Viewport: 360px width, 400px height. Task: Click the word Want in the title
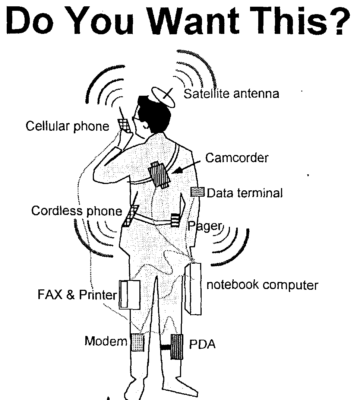194,21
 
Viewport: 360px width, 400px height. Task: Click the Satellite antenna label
231,93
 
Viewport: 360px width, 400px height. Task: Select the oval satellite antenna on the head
163,97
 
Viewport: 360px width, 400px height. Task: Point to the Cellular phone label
67,126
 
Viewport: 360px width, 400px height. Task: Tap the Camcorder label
237,158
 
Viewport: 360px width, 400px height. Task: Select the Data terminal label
244,193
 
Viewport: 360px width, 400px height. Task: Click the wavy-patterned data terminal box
198,192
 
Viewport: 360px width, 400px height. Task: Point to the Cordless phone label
77,211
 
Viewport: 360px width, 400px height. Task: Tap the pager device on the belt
175,220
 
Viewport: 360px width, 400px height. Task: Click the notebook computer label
262,285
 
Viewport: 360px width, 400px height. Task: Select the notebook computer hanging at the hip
193,289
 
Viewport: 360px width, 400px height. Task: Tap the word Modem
106,341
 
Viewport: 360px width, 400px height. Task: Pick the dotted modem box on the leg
138,342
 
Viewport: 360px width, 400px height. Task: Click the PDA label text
202,344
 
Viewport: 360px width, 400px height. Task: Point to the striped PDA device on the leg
177,347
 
